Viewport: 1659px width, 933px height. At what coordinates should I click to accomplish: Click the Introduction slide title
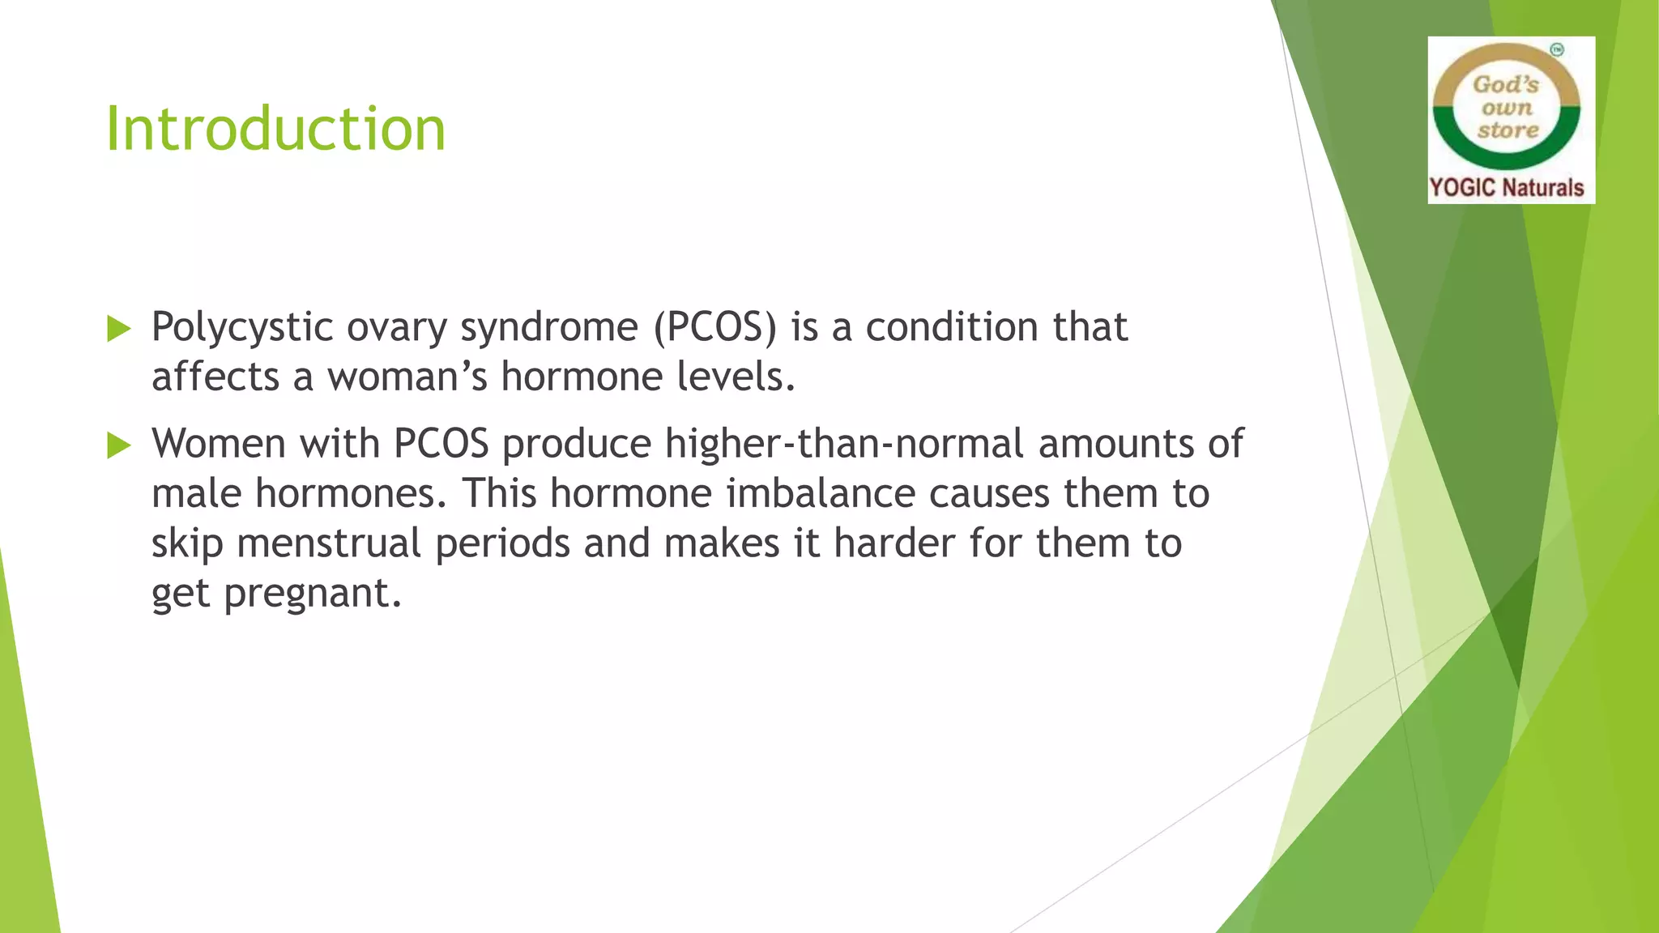275,130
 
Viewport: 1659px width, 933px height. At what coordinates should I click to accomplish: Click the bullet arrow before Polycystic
119,329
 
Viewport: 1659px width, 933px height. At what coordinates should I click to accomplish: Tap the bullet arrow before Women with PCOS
119,445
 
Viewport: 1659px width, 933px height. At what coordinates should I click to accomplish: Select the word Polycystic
242,328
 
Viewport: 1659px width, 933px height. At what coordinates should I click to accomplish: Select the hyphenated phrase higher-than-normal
844,445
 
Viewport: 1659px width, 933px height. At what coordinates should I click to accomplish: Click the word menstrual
329,543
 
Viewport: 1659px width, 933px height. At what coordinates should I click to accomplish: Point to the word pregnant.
313,594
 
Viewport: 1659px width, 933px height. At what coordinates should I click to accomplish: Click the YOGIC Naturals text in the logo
1507,188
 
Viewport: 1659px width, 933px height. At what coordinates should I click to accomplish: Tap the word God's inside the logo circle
1505,84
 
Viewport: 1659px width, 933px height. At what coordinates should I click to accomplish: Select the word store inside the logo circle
1508,130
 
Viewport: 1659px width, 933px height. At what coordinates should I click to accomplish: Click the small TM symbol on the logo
1557,50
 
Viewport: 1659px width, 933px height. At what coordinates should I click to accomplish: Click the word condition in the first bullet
952,328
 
